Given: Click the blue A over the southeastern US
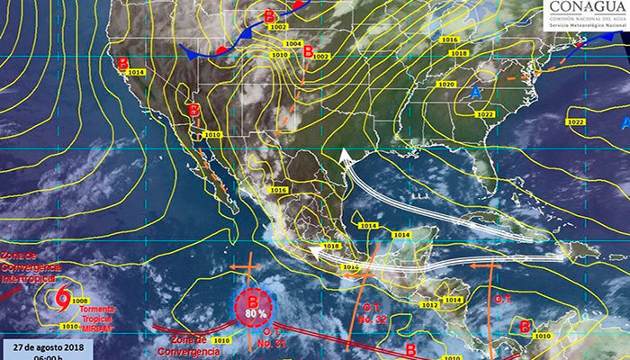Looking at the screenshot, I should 474,94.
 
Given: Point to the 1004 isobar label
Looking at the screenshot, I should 292,44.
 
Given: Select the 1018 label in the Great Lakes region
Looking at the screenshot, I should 459,54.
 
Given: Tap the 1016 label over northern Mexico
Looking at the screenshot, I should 277,191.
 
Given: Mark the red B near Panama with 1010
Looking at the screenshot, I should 525,325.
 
